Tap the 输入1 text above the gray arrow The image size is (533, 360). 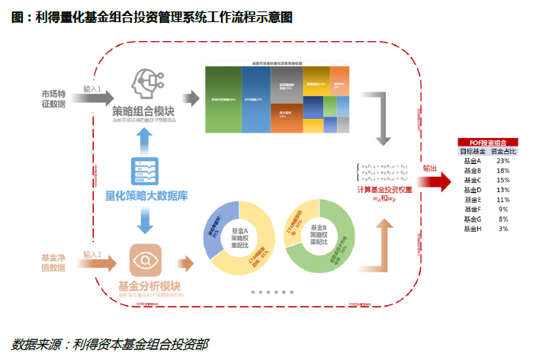(x=92, y=89)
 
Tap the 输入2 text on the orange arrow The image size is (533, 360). (x=92, y=254)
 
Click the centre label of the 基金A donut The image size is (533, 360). (x=241, y=236)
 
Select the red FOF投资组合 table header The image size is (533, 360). (x=487, y=142)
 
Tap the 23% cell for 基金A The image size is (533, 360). (x=502, y=162)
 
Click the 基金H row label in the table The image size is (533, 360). (x=473, y=228)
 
